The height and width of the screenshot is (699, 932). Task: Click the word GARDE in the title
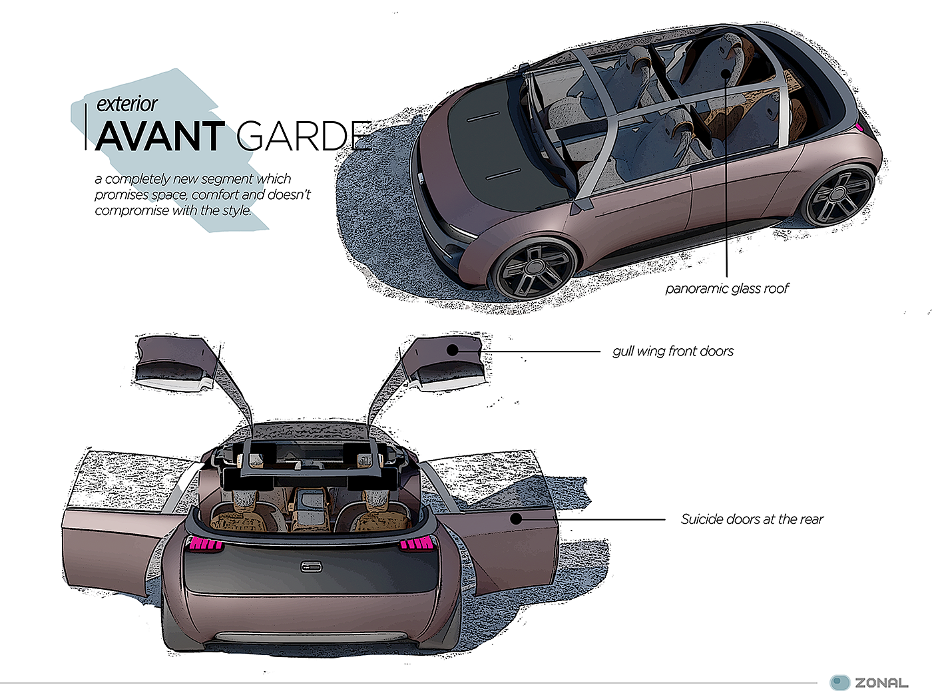point(304,136)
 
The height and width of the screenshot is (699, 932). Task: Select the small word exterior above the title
point(126,104)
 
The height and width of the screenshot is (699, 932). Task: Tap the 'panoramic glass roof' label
point(727,288)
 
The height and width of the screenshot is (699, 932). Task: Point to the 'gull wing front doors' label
point(672,351)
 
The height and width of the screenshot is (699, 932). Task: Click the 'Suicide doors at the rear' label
point(752,519)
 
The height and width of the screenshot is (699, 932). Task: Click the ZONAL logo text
point(881,683)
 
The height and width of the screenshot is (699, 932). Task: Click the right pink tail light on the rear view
point(416,545)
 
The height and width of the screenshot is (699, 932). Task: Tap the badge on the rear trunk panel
point(311,567)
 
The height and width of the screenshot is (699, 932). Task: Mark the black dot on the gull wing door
point(453,350)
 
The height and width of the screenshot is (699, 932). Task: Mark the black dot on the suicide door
point(517,519)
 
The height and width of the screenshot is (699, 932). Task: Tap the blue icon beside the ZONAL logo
point(840,682)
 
